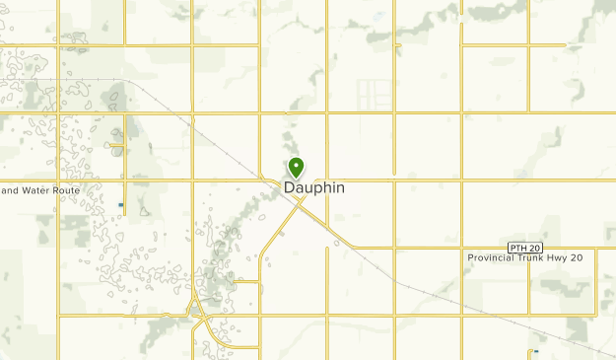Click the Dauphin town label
pos(314,187)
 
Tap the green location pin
pos(295,167)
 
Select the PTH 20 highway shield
pos(526,246)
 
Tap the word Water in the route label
pos(38,189)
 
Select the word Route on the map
pos(66,189)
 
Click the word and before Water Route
pos(10,189)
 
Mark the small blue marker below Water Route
pos(121,205)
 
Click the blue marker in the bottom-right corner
pos(535,352)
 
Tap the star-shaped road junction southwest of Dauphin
pos(198,315)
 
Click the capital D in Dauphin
pos(290,187)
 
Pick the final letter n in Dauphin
pos(340,187)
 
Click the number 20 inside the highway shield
pos(532,246)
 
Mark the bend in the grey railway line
pos(132,82)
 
